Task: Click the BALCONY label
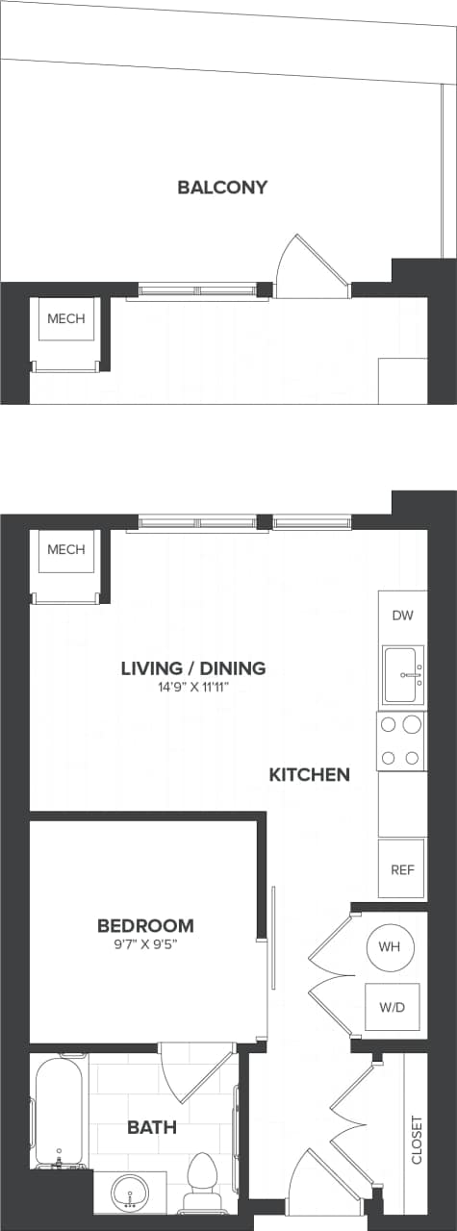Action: (222, 188)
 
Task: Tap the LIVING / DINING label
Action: (193, 668)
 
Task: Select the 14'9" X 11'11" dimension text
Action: (193, 688)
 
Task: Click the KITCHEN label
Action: (309, 774)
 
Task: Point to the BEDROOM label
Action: (145, 925)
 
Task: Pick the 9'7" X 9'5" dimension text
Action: (145, 943)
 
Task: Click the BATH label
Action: (152, 1127)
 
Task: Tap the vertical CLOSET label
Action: (417, 1140)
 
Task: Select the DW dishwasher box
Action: (402, 615)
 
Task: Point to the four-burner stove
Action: (400, 741)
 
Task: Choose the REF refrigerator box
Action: (401, 869)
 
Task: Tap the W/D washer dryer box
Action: (392, 1008)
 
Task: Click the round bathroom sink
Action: (129, 1193)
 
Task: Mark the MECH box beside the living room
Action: (66, 551)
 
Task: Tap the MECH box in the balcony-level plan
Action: (66, 319)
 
